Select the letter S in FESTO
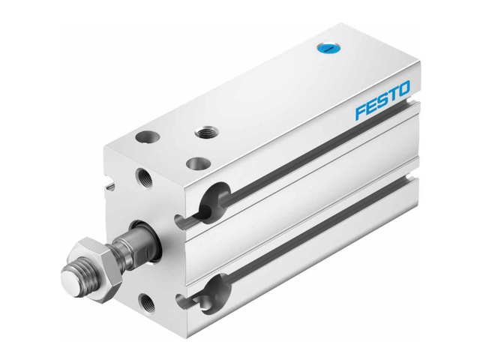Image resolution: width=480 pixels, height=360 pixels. point(382,103)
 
